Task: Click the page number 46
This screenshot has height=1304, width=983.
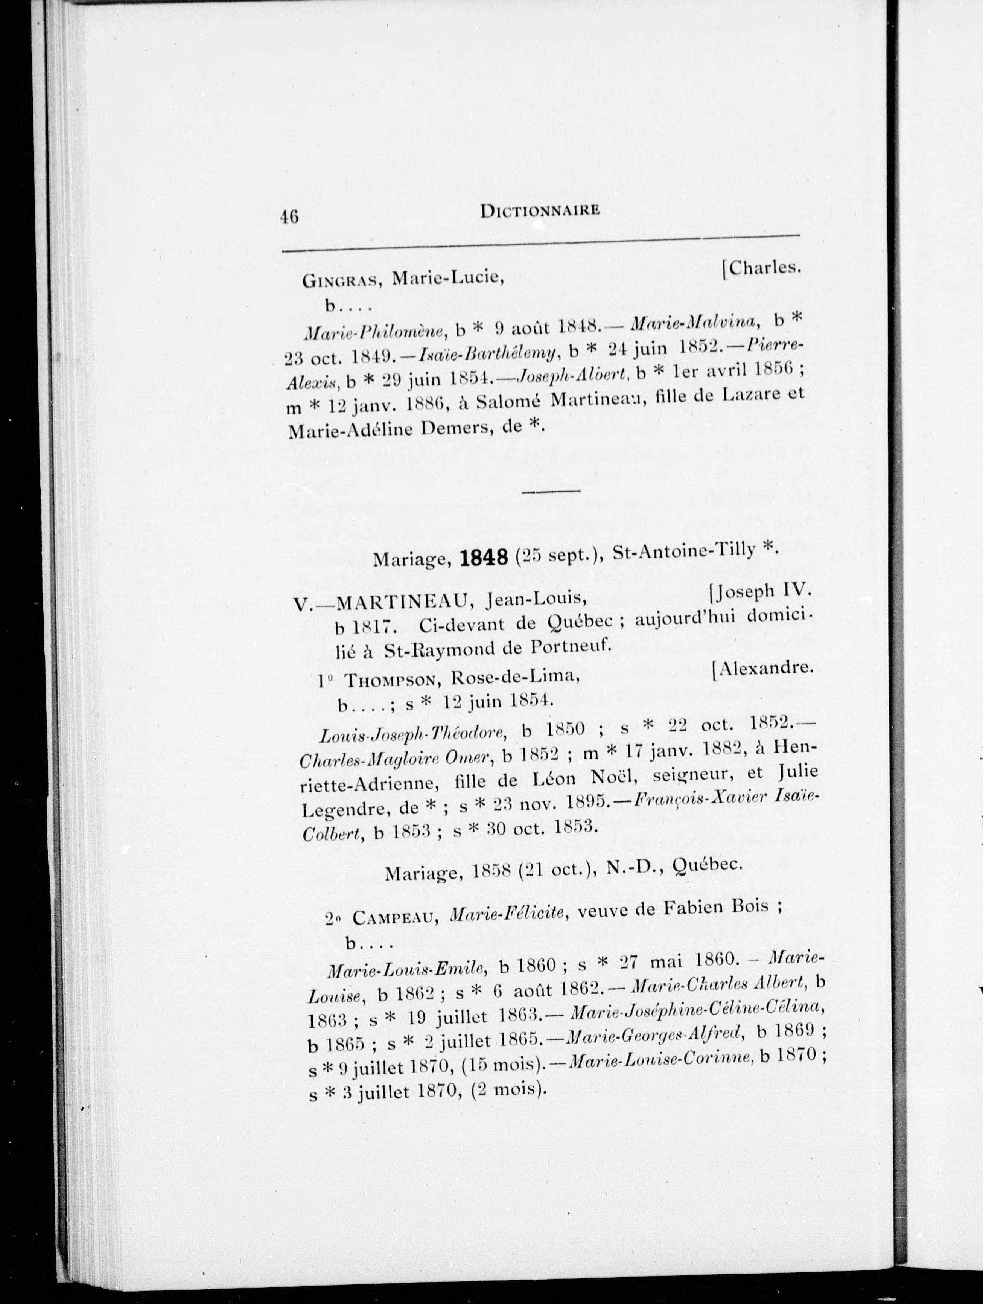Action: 290,216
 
